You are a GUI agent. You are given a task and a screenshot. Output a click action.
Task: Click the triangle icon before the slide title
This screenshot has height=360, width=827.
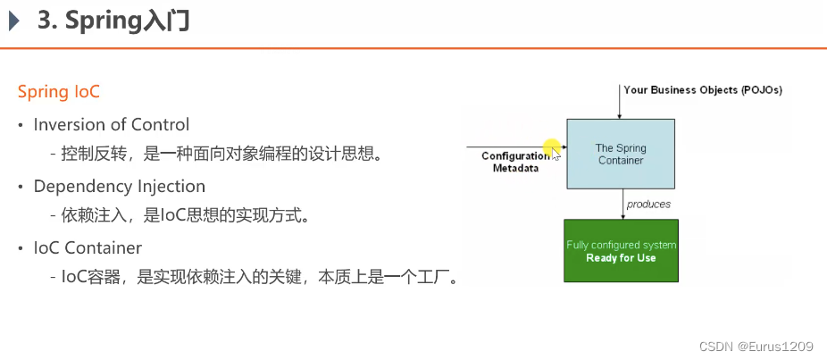pyautogui.click(x=14, y=21)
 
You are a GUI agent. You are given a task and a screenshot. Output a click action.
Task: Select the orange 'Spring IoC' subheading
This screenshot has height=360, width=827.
pyautogui.click(x=59, y=92)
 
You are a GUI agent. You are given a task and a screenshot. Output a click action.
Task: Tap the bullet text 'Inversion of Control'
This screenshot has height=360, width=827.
pyautogui.click(x=112, y=124)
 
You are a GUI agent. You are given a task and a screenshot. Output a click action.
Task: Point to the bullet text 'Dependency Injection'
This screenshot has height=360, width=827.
pyautogui.click(x=120, y=186)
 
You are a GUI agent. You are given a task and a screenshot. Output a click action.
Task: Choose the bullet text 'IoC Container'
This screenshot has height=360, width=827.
pyautogui.click(x=88, y=247)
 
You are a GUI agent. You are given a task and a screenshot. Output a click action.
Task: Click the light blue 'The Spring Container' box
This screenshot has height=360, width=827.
pyautogui.click(x=621, y=154)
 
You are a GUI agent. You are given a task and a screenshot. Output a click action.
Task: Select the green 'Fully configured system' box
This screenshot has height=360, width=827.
pyautogui.click(x=621, y=250)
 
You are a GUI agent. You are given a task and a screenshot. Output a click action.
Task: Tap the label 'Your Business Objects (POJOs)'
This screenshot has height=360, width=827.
pyautogui.click(x=702, y=89)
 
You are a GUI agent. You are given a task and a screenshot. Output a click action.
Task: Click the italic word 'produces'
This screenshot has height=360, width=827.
pyautogui.click(x=648, y=204)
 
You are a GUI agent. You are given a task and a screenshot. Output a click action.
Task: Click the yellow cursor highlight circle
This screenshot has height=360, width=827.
pyautogui.click(x=551, y=147)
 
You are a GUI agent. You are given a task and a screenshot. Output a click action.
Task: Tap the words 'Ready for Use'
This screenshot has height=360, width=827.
pyautogui.click(x=621, y=258)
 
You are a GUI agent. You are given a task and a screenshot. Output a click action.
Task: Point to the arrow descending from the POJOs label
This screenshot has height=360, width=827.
pyautogui.click(x=621, y=103)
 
